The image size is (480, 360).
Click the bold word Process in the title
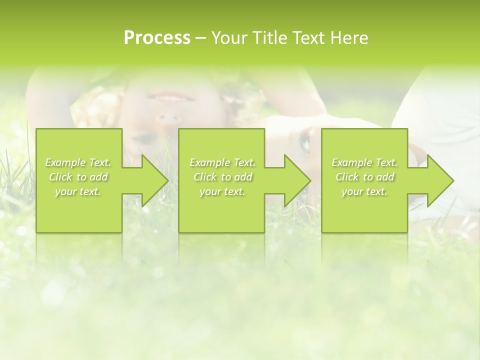tap(157, 38)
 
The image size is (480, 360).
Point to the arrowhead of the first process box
tap(153, 180)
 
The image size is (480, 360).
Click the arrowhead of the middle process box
tap(296, 180)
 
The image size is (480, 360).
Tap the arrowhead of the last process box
tap(439, 180)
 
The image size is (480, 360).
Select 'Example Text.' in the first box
tap(78, 162)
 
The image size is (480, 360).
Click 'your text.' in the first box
tap(78, 191)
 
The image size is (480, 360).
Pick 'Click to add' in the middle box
tap(222, 177)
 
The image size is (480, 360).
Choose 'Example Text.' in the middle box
tap(222, 162)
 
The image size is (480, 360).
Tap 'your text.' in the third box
tap(364, 191)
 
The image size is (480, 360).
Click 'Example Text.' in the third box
tap(364, 162)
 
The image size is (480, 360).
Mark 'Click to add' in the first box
tap(78, 177)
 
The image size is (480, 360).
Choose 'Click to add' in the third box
tap(364, 177)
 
